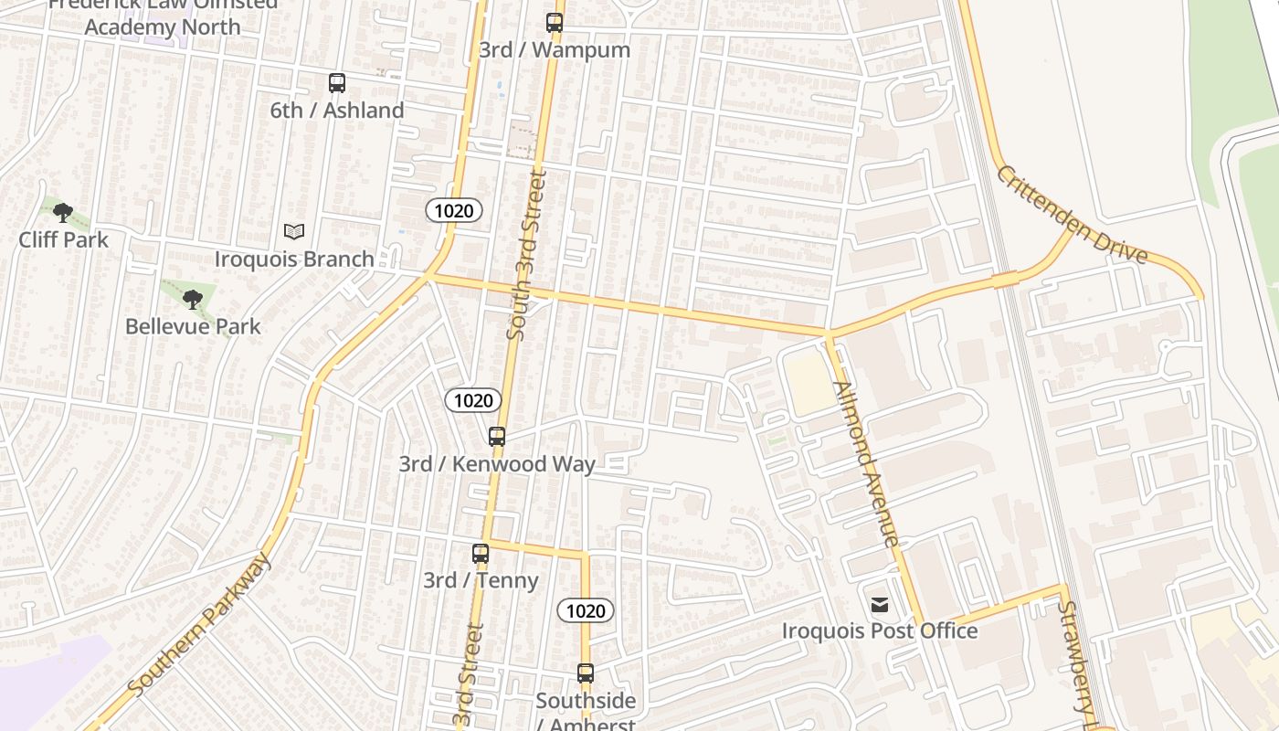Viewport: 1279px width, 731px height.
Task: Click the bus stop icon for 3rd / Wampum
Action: click(x=555, y=23)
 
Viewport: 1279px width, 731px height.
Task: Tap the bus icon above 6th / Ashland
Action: click(x=337, y=83)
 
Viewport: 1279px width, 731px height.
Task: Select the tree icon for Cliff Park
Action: click(x=62, y=214)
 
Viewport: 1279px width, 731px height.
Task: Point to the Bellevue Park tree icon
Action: click(x=192, y=299)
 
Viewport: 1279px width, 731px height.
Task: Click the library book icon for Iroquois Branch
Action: click(x=293, y=232)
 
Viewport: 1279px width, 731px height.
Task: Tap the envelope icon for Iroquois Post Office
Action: click(x=880, y=605)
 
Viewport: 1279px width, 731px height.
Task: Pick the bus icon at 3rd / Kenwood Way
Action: click(x=497, y=437)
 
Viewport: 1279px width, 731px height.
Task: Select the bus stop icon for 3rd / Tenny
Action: click(x=481, y=554)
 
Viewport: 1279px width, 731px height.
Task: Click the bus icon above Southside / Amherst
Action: click(x=586, y=674)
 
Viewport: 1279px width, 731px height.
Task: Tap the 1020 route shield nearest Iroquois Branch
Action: click(x=454, y=211)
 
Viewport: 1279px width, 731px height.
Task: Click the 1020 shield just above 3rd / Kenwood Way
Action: click(x=473, y=400)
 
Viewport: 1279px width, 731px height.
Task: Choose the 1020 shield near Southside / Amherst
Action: click(x=586, y=611)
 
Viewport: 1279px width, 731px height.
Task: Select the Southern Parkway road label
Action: click(x=200, y=624)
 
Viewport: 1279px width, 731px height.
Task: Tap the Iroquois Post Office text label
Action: click(x=880, y=631)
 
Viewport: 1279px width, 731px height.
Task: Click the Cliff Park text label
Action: click(x=64, y=240)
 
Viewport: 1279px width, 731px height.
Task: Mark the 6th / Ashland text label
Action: click(x=337, y=111)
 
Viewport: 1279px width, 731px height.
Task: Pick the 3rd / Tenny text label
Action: click(x=481, y=580)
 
